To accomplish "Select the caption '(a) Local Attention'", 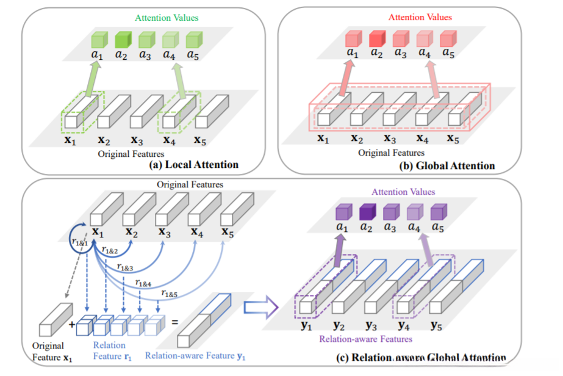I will pos(193,164).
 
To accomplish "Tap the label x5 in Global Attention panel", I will pos(453,139).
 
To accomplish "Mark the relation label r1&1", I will pos(79,242).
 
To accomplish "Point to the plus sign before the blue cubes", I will pos(71,325).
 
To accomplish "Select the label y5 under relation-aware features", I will pos(437,324).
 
